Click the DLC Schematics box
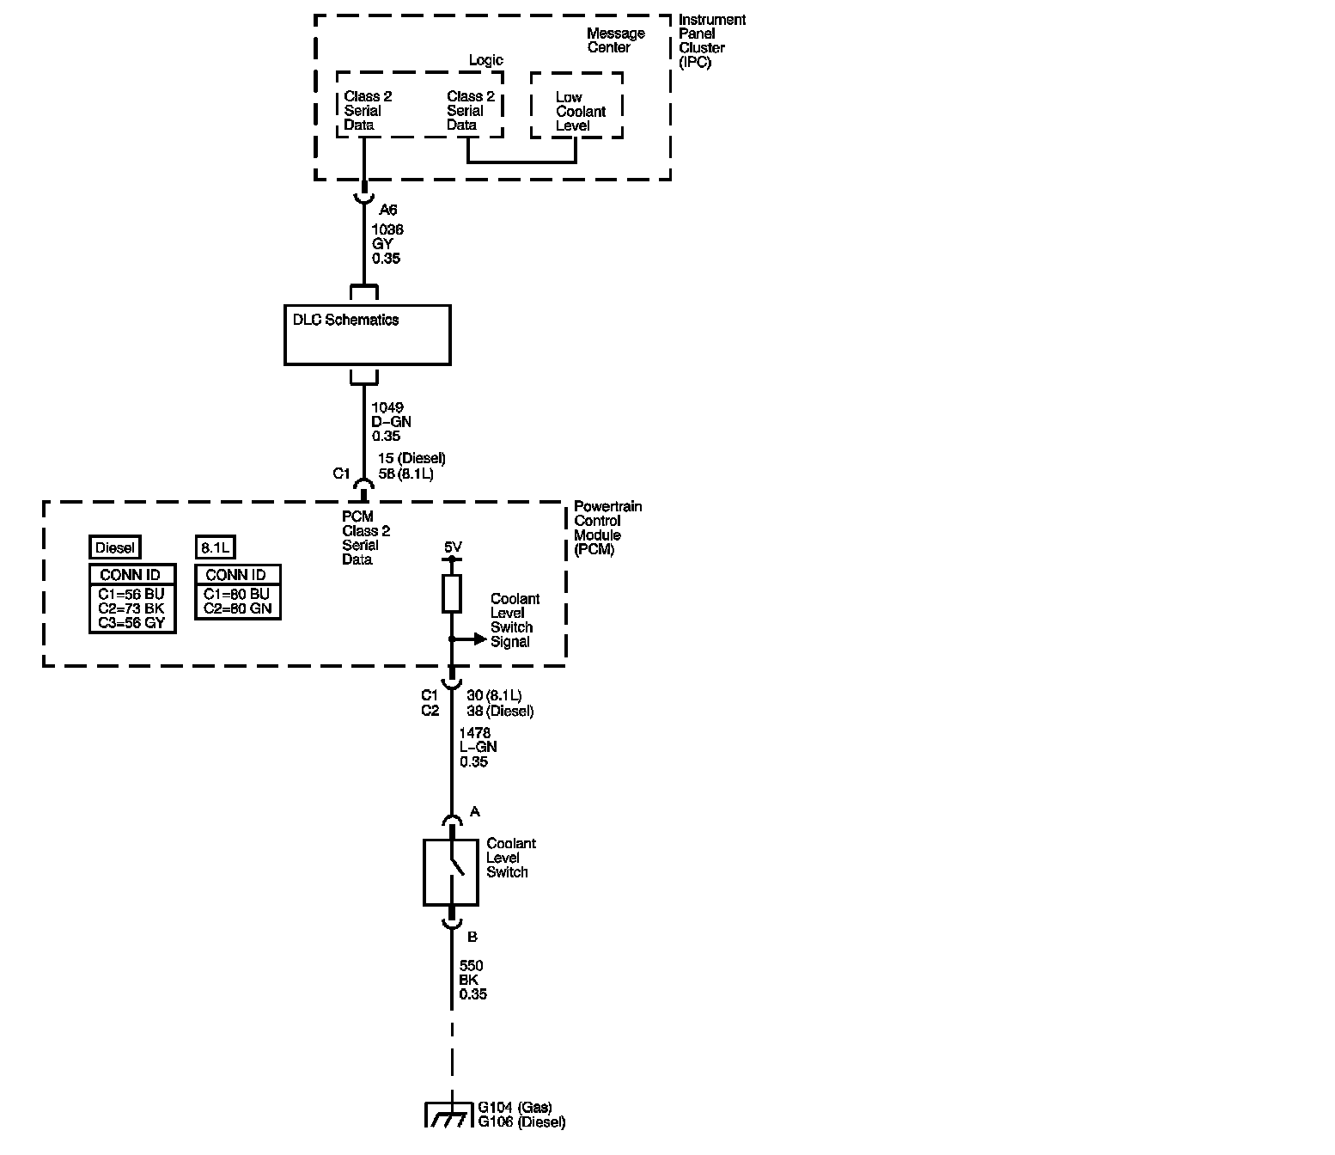pos(367,335)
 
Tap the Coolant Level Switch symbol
pos(451,872)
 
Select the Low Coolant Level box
pos(576,106)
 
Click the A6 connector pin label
pos(388,210)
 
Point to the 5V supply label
pos(453,547)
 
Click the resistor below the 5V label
pos(452,594)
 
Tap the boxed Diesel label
pos(114,547)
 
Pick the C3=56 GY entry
pos(131,623)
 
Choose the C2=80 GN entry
pos(237,608)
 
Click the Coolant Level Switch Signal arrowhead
pos(480,639)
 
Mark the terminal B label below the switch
pos(472,937)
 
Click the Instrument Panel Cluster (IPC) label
pos(711,40)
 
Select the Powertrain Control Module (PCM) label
pos(607,528)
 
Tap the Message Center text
pos(615,40)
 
